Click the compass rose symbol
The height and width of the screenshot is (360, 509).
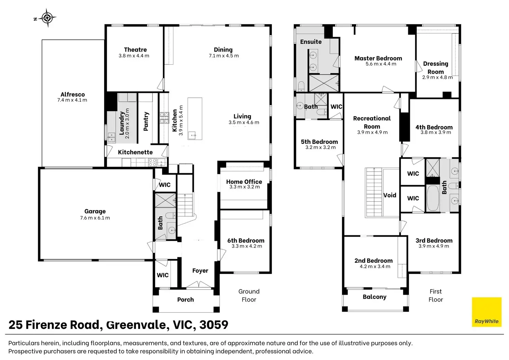47,18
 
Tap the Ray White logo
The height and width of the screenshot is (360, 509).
487,312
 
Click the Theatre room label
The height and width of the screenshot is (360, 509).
136,49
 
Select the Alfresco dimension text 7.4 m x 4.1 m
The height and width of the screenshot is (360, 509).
72,100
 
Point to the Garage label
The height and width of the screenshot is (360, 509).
95,211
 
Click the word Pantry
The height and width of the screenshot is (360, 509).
146,121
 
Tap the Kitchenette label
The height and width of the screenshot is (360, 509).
135,152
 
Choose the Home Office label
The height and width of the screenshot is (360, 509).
244,182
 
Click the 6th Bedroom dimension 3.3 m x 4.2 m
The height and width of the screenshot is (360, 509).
247,246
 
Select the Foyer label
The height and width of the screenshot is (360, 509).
200,270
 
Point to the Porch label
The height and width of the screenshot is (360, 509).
186,299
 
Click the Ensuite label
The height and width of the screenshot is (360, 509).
311,42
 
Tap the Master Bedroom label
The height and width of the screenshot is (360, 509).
378,58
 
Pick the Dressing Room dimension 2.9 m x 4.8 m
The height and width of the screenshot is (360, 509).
437,77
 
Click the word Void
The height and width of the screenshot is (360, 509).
390,195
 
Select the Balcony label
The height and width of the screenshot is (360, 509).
374,297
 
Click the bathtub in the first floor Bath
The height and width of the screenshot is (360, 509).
433,198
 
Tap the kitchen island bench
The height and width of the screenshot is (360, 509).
195,119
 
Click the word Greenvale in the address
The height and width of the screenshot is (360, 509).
136,325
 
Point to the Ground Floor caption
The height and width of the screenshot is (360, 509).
249,295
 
